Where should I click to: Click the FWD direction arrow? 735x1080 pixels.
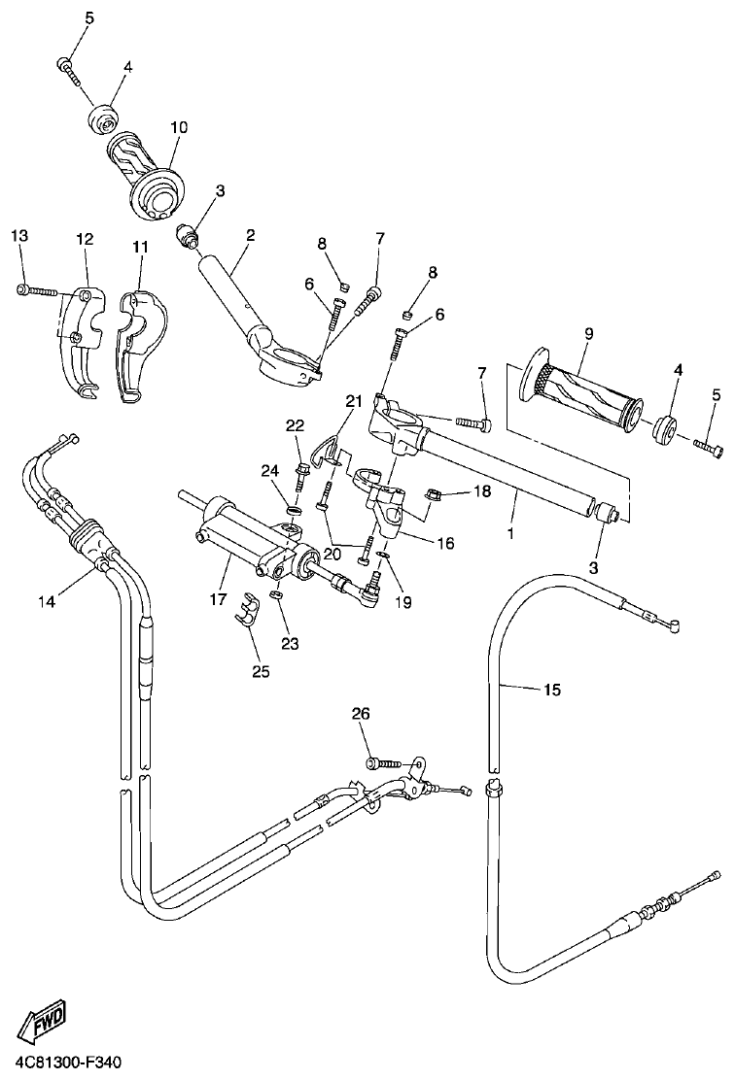(x=40, y=1023)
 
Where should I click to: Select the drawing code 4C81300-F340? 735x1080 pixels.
(x=68, y=1064)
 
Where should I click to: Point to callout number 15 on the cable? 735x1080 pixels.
(x=551, y=691)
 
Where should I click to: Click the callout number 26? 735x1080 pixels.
(x=361, y=715)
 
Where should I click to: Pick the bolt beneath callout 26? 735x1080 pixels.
(x=380, y=764)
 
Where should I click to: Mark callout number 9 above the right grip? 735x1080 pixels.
(x=589, y=334)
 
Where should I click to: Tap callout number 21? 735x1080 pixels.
(x=352, y=400)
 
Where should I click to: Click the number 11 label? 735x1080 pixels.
(x=140, y=247)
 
